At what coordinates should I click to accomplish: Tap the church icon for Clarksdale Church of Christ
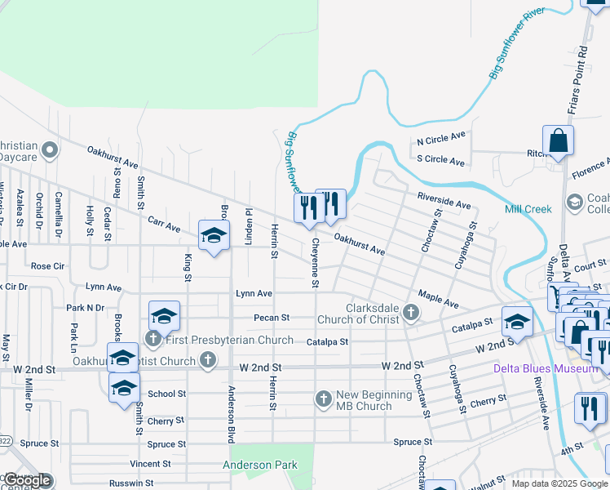coord(412,313)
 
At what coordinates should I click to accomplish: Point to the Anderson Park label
coord(254,465)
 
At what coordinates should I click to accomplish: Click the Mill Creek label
coord(528,209)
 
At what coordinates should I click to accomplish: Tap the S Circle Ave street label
coord(440,160)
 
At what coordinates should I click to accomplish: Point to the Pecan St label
coord(272,317)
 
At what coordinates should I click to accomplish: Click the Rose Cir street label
coord(47,266)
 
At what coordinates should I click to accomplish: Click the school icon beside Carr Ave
coord(214,236)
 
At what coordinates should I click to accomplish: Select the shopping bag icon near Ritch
coord(559,141)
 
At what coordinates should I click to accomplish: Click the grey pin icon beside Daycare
coord(50,149)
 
